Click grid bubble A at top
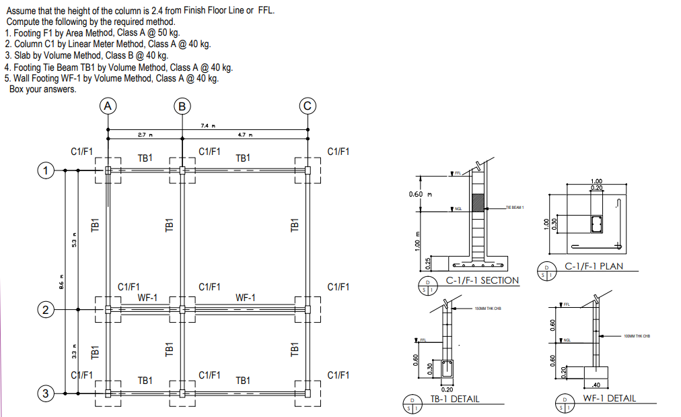tap(108, 105)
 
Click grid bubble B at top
tap(182, 105)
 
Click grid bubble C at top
tap(308, 105)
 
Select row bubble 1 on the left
tap(45, 170)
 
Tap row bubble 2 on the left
tap(45, 310)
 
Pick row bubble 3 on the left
tap(45, 394)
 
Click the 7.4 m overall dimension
tap(207, 125)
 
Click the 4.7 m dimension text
tap(244, 135)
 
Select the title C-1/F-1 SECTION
tap(482, 280)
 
